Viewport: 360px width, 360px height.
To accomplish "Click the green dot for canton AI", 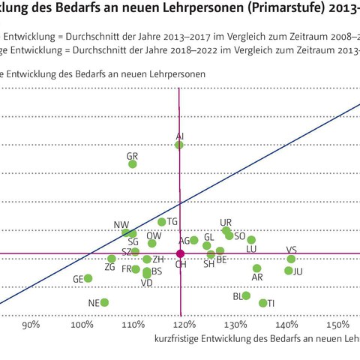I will tap(179, 144).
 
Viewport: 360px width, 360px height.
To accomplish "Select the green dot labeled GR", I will tap(133, 163).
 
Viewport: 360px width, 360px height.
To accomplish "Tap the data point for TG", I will tap(161, 222).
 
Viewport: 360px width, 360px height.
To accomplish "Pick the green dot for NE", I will tap(104, 302).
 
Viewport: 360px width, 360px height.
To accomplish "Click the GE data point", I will tap(88, 278).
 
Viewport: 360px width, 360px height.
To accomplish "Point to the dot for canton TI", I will tap(262, 303).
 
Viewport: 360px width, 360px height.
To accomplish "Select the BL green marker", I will tap(246, 295).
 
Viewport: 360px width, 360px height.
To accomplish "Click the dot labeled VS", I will tap(291, 259).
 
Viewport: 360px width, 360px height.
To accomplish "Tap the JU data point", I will tap(288, 270).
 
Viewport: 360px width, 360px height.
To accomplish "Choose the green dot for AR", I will tap(256, 268).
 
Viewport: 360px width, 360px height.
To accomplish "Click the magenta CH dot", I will tap(179, 254).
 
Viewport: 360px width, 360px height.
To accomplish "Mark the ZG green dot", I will tap(112, 259).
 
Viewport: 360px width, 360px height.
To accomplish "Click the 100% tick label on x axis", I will tap(82, 325).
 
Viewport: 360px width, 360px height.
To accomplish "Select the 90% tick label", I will tap(31, 325).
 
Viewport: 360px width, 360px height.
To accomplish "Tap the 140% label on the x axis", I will tap(287, 325).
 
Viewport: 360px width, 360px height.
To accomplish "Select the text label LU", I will tap(251, 249).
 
